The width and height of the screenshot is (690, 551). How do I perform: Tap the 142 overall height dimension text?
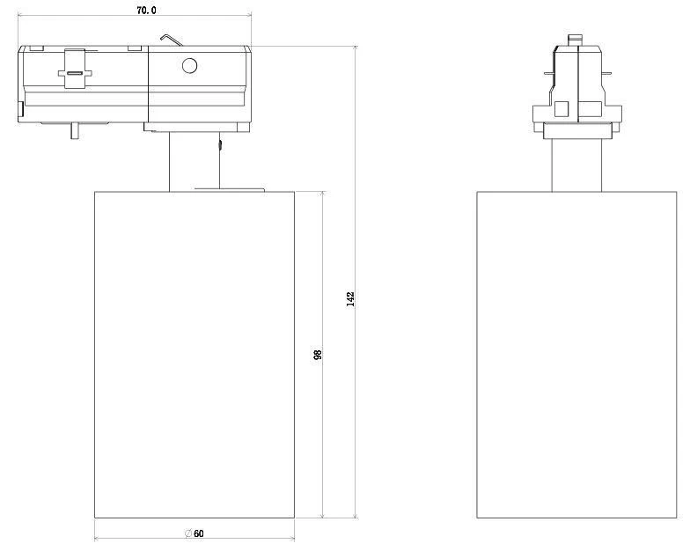(350, 299)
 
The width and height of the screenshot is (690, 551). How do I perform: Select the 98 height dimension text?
(318, 354)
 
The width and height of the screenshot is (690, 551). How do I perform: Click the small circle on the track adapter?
(188, 65)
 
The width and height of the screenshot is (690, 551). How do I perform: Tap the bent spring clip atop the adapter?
(171, 40)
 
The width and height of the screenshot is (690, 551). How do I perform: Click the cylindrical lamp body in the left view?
(194, 352)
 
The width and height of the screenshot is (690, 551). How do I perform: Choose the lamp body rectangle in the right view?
(576, 352)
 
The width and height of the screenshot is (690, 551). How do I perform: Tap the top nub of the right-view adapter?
(576, 40)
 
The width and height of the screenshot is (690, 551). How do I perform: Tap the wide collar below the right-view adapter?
(576, 131)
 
